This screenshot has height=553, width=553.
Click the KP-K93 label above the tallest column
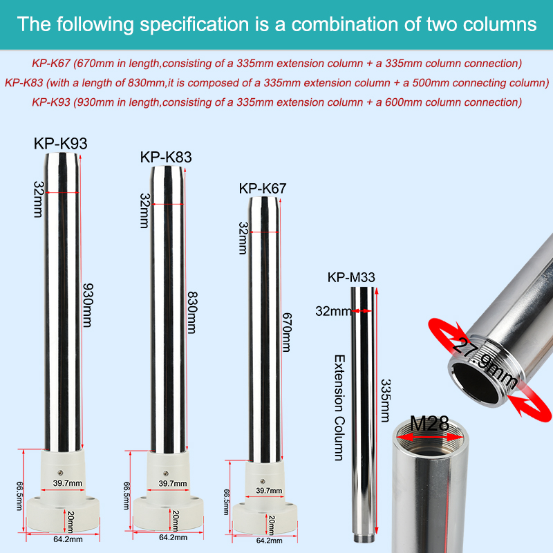pos(60,144)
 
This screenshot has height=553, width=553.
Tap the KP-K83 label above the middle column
pos(166,158)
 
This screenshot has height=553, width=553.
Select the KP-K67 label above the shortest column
pos(263,188)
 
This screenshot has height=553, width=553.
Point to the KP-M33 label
pos(351,277)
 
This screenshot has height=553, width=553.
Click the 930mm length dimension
pos(88,305)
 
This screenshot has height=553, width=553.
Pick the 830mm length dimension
pos(192,312)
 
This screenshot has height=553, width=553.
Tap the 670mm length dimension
pos(287,332)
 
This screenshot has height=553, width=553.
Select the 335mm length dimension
pos(386,401)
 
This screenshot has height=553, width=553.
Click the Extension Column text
pos(339,408)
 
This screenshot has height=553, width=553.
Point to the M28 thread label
pos(429,423)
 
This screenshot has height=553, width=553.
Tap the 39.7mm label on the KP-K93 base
pos(67,482)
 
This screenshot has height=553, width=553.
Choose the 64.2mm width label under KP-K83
pos(174,537)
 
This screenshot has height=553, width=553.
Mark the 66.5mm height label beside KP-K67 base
pos(227,502)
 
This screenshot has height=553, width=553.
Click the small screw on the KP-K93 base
pos(60,473)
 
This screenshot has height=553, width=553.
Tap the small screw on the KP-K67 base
pos(262,481)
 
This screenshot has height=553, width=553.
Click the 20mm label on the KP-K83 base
pos(176,521)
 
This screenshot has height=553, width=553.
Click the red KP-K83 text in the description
pos(24,83)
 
